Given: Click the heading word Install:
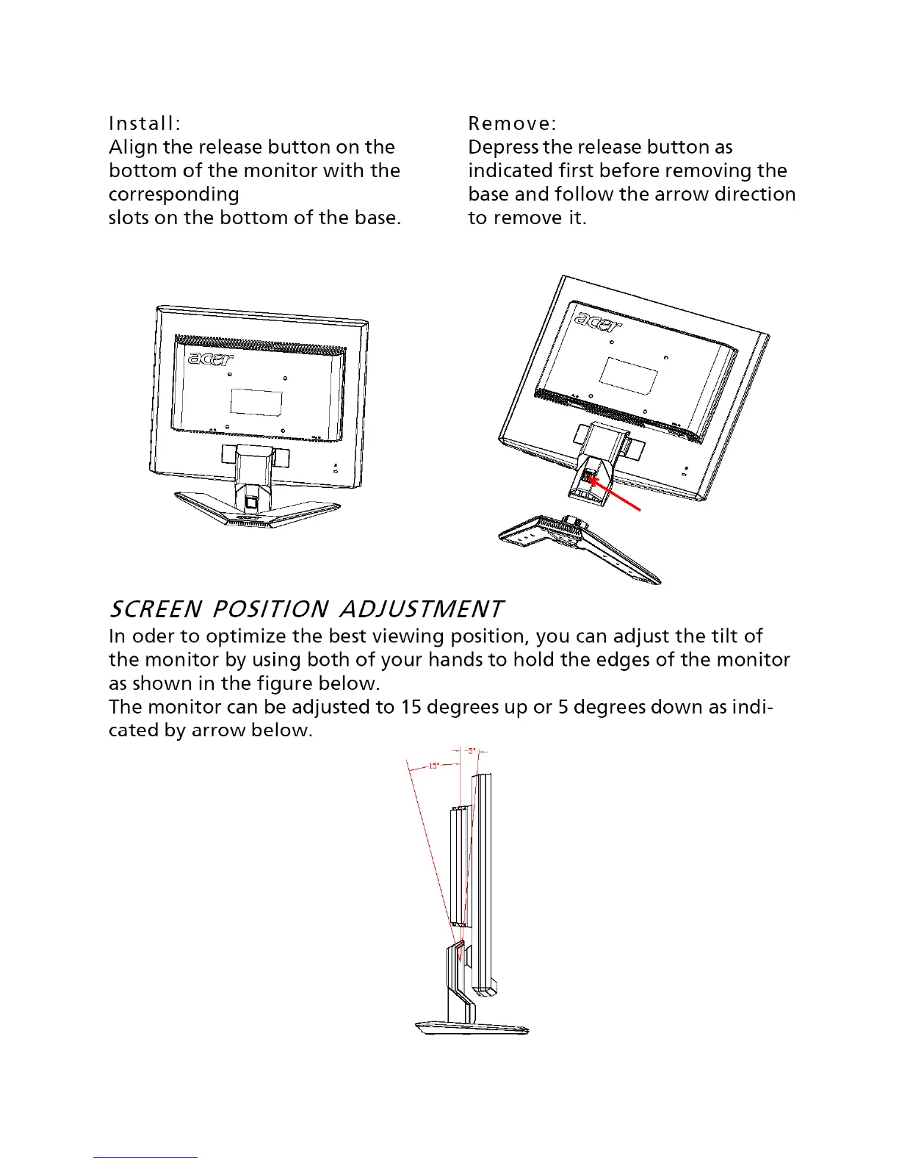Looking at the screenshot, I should (145, 123).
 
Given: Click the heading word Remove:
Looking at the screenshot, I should (512, 123).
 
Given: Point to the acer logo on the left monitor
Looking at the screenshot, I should (211, 359).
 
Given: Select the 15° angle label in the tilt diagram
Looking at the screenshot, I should (434, 766).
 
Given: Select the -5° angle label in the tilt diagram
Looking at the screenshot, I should (471, 750).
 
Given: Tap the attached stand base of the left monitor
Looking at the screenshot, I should (257, 510).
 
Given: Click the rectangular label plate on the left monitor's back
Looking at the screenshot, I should (256, 402).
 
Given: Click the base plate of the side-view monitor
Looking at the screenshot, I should (472, 1027).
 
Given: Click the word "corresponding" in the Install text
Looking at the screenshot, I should (174, 195).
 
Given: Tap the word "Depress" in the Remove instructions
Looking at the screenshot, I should (503, 147).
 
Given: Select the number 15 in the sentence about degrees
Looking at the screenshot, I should (409, 707).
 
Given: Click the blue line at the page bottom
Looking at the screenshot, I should (145, 1157).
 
